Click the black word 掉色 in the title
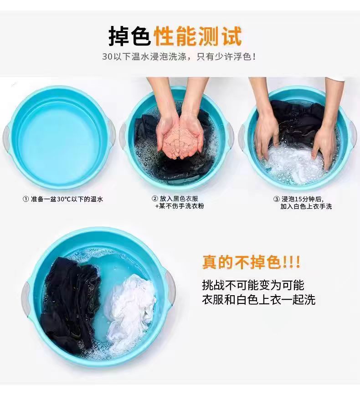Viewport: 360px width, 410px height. [x=129, y=36]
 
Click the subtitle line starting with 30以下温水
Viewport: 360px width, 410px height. [x=179, y=56]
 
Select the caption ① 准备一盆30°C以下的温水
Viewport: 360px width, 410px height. [x=63, y=199]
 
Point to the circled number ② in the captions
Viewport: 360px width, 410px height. [x=155, y=199]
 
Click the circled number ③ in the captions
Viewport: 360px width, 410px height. [x=277, y=199]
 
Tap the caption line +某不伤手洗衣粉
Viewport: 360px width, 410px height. [x=180, y=206]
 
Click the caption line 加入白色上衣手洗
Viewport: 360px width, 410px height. [x=306, y=206]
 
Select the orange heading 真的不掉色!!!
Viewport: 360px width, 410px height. [x=251, y=262]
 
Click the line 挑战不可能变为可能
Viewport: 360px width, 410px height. [x=253, y=285]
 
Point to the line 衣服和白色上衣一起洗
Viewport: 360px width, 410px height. [x=258, y=300]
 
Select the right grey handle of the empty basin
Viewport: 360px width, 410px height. [x=111, y=133]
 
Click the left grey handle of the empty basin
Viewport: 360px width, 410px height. [x=6, y=138]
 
